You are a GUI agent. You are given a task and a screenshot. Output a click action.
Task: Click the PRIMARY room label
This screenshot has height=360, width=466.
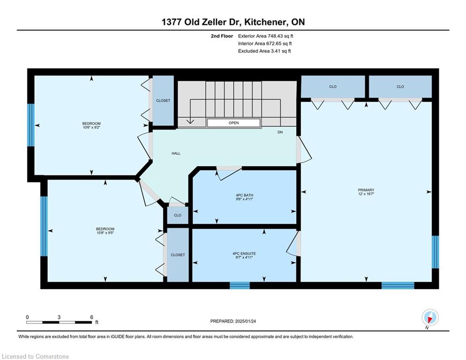click(x=366, y=190)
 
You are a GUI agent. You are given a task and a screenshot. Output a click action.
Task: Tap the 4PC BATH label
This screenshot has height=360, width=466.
click(x=244, y=195)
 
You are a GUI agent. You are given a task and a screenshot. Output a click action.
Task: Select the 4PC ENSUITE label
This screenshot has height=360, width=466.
click(x=244, y=254)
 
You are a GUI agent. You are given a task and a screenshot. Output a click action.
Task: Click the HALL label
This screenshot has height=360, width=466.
click(x=176, y=154)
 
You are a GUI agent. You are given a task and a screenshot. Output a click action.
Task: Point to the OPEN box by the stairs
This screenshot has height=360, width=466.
click(x=234, y=123)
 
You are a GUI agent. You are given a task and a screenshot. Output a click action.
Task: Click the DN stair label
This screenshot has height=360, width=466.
click(x=280, y=132)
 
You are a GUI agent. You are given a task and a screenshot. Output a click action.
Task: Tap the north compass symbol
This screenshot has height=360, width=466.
click(x=430, y=318)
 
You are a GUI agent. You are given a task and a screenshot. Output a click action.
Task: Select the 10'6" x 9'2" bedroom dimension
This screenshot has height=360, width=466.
click(x=91, y=127)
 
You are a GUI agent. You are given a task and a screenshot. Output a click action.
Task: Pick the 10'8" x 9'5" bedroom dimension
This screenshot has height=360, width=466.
click(x=105, y=232)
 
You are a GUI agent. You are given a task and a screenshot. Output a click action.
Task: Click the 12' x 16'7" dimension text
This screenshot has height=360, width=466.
click(x=366, y=194)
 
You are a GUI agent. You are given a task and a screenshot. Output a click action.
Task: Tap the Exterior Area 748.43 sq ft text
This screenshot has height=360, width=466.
click(x=266, y=36)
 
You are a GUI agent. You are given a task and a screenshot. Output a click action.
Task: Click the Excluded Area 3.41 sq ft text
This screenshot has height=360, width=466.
click(x=264, y=51)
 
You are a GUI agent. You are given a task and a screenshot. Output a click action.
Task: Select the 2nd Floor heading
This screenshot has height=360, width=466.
click(x=222, y=36)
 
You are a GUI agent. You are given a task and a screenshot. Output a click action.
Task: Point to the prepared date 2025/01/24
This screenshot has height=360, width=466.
click(x=245, y=321)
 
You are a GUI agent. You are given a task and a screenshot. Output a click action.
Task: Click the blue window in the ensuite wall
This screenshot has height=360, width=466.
click(x=239, y=285)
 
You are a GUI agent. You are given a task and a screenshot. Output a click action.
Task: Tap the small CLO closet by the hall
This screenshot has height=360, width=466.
click(x=178, y=215)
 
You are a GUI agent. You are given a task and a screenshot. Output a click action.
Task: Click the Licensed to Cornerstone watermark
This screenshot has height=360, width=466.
click(x=35, y=356)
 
